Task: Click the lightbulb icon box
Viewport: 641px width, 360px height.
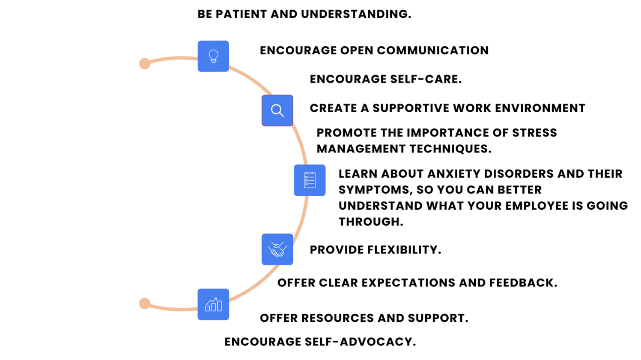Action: (213, 56)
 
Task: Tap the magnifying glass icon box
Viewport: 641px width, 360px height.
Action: (277, 110)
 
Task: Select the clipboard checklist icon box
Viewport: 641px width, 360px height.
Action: (310, 180)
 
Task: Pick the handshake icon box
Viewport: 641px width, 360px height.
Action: (277, 249)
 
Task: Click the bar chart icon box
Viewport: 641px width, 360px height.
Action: (213, 304)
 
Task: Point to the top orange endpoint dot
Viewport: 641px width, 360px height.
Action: (145, 63)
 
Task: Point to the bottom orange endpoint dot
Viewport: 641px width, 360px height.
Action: (145, 303)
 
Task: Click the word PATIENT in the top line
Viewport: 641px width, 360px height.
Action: (241, 14)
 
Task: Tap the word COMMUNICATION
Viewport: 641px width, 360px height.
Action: (433, 51)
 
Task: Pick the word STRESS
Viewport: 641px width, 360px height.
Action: (534, 133)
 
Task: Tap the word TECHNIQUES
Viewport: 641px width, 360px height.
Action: (450, 149)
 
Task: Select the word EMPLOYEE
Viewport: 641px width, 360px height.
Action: (537, 206)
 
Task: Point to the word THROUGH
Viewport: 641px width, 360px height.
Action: (371, 222)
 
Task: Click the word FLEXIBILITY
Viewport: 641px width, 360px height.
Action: (404, 250)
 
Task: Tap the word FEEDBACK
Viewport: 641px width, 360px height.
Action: (523, 283)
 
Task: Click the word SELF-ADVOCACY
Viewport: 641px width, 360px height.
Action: (360, 342)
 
